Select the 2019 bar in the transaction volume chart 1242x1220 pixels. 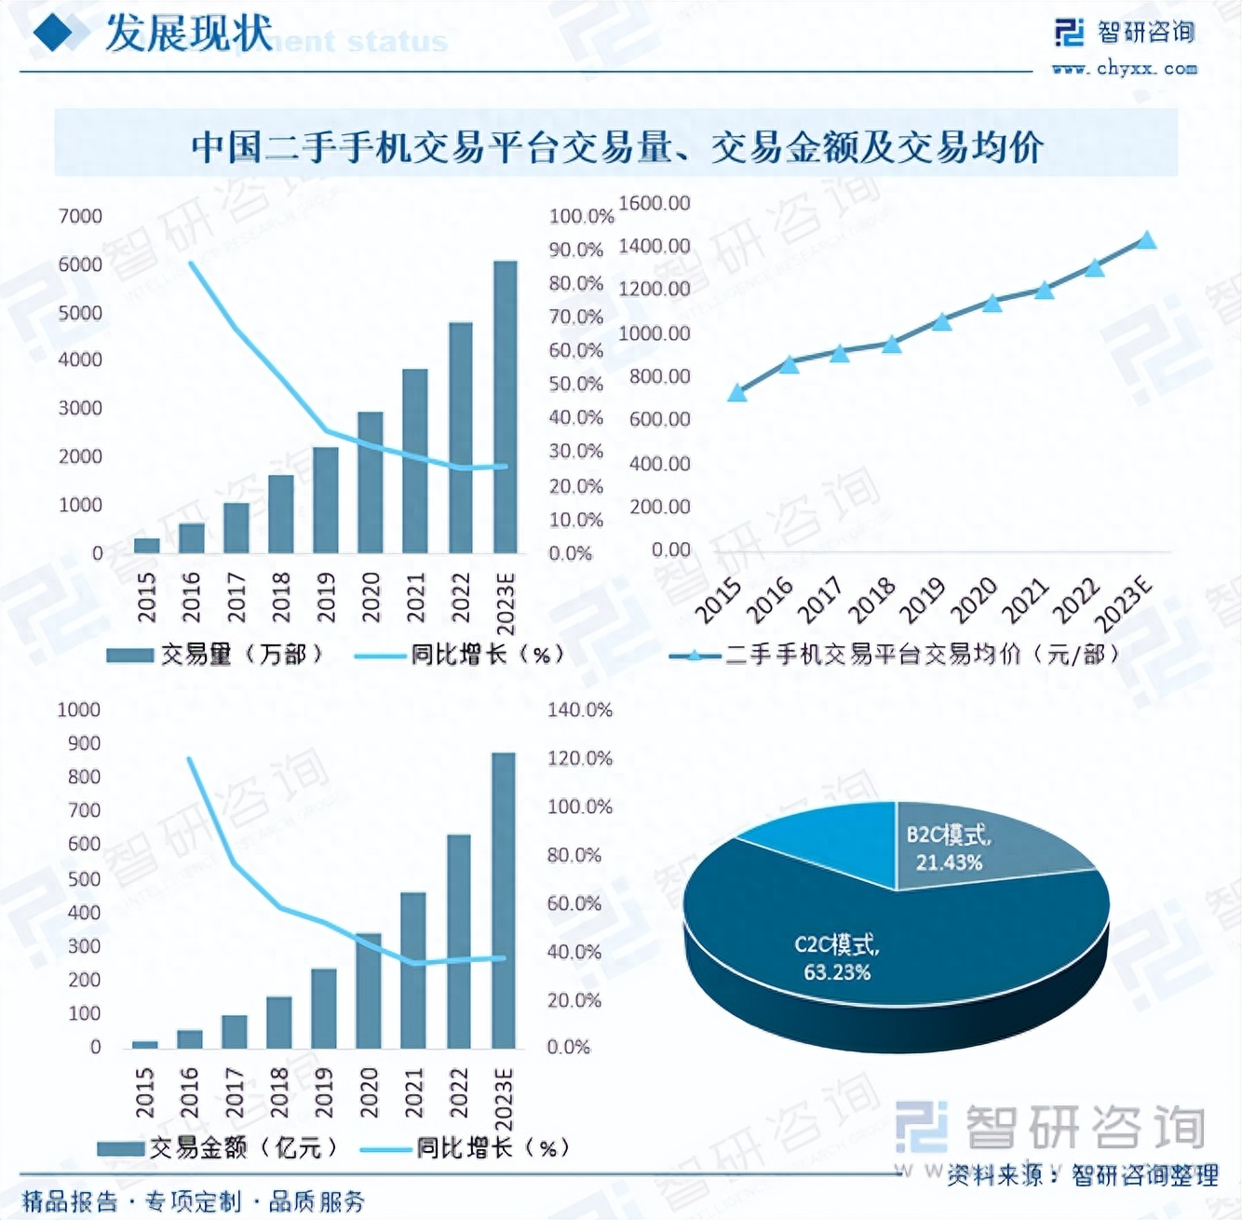[x=326, y=500]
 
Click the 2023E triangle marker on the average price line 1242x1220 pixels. [x=1147, y=240]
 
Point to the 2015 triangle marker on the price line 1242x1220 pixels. [x=737, y=393]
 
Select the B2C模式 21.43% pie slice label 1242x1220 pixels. [x=949, y=848]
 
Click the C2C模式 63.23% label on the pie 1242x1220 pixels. [x=836, y=958]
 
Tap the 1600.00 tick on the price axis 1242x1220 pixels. [x=655, y=203]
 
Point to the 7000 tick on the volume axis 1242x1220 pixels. [x=80, y=216]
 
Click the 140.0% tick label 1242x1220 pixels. [x=579, y=711]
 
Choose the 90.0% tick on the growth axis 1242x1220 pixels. [x=576, y=250]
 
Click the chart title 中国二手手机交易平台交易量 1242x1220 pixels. [x=616, y=146]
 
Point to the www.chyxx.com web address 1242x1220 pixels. [x=1124, y=68]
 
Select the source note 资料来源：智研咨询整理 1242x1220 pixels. [x=1082, y=1175]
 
